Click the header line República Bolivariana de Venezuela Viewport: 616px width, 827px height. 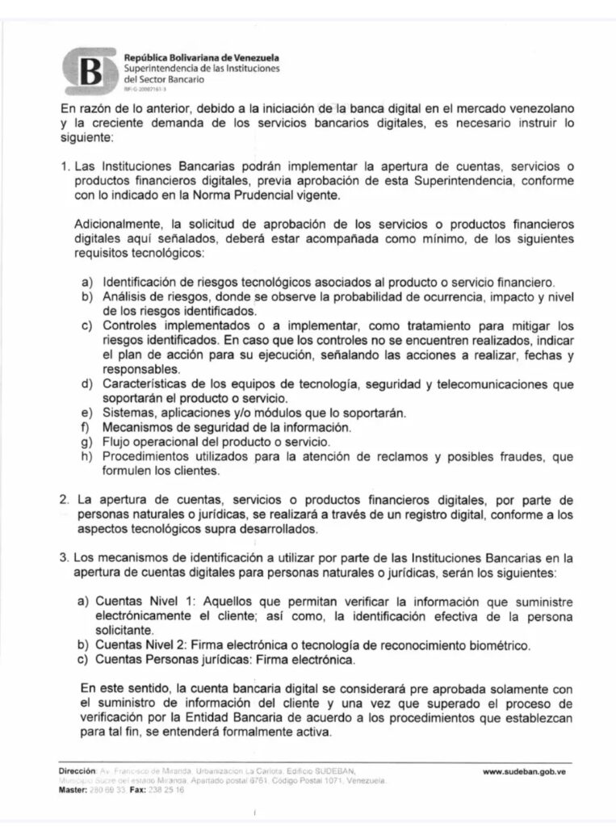[x=201, y=57]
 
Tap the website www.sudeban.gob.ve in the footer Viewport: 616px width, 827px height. [x=523, y=772]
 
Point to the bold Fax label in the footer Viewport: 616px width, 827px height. [x=138, y=790]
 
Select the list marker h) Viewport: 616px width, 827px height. [x=85, y=457]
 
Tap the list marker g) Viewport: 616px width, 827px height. [x=85, y=443]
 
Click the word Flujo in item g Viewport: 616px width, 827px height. [x=116, y=443]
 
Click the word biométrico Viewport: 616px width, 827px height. [x=500, y=645]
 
